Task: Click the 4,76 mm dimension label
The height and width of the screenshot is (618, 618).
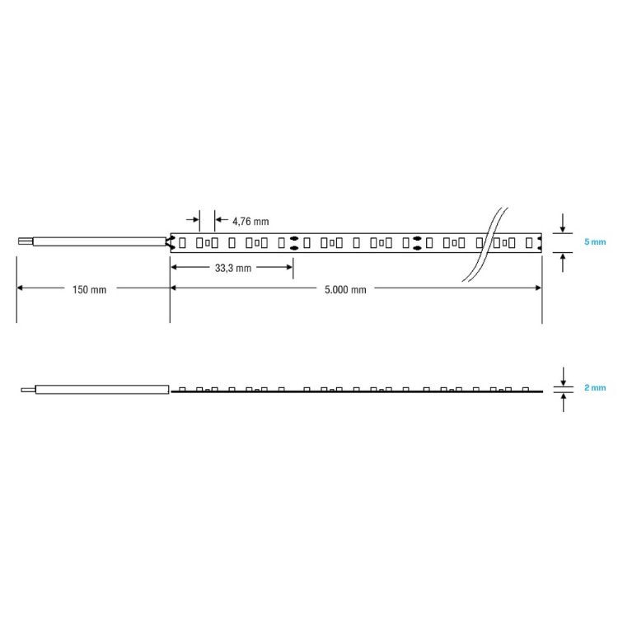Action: point(250,222)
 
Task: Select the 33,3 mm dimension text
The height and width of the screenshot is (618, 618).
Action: point(233,268)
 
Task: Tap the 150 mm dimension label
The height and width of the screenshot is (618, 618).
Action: point(90,290)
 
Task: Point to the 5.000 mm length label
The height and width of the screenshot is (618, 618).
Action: point(345,290)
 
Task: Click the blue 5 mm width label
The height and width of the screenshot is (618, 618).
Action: point(595,241)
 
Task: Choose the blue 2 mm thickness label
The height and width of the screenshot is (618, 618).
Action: point(595,387)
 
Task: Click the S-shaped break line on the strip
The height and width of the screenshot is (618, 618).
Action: point(485,245)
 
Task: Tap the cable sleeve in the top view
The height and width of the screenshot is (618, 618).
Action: point(100,241)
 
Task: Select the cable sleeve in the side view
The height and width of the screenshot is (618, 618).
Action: point(102,390)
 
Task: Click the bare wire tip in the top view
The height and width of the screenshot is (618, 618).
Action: point(26,241)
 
